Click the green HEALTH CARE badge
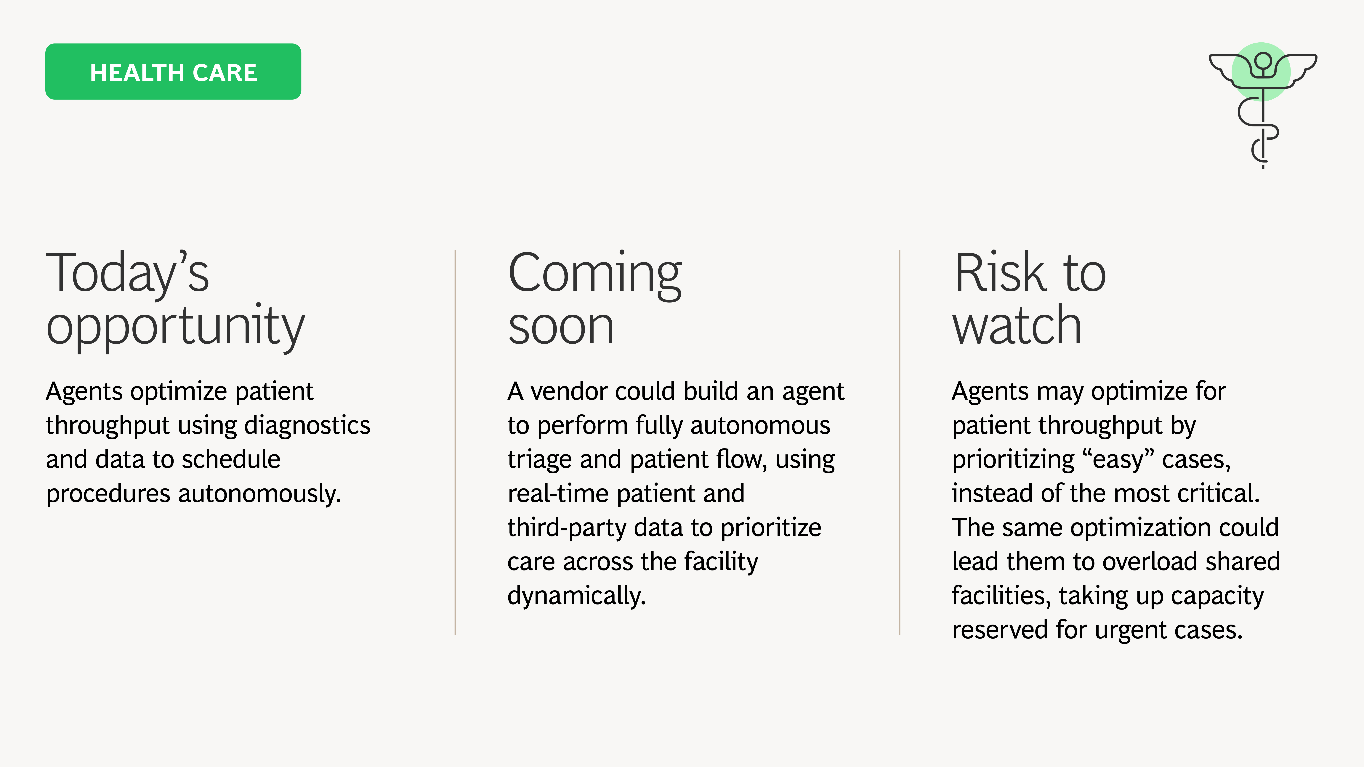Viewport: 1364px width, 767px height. click(x=173, y=71)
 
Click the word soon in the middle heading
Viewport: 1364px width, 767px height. click(x=561, y=327)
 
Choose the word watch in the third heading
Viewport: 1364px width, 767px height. click(x=1017, y=324)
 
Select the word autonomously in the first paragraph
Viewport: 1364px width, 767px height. click(x=259, y=494)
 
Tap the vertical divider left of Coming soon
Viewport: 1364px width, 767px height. click(x=455, y=443)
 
